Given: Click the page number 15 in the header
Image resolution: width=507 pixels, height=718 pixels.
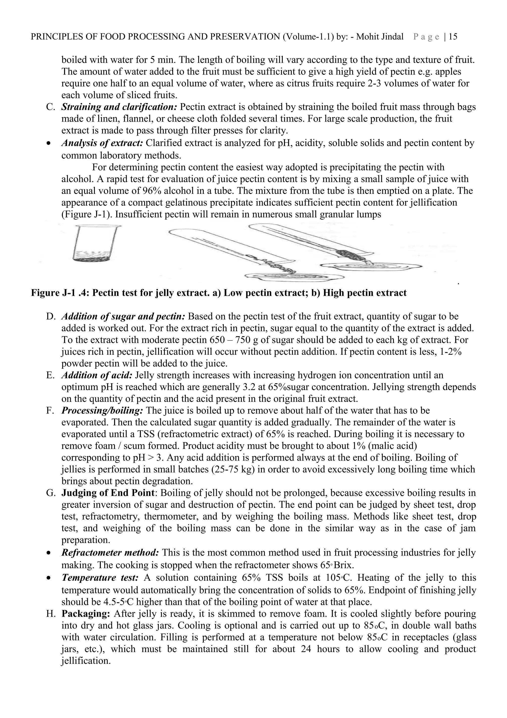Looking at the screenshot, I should click(x=453, y=37).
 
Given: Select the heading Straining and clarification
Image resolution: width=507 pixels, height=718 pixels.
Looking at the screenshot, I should click(x=119, y=107).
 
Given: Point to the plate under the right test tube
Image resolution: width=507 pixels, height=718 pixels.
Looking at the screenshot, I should click(x=371, y=266).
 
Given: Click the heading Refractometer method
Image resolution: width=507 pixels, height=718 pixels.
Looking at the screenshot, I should click(x=110, y=552).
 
